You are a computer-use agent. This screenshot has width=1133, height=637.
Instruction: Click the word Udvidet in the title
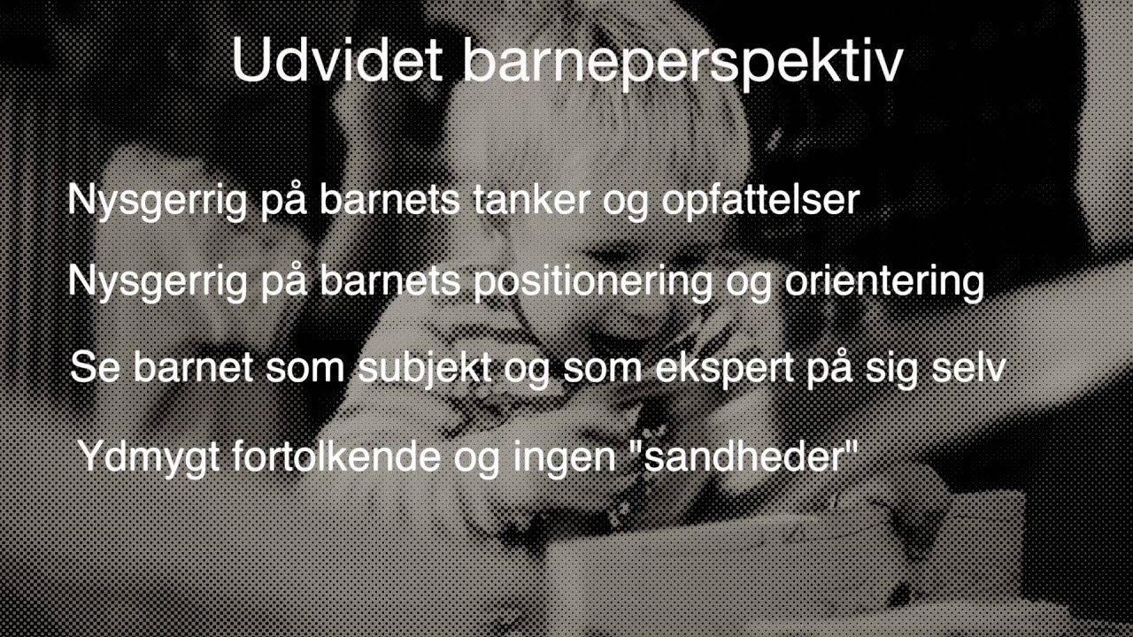(335, 60)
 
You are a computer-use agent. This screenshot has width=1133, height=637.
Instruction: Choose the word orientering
(884, 282)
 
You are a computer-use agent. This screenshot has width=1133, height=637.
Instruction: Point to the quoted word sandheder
(751, 456)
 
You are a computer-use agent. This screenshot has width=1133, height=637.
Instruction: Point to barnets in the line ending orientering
(389, 281)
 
